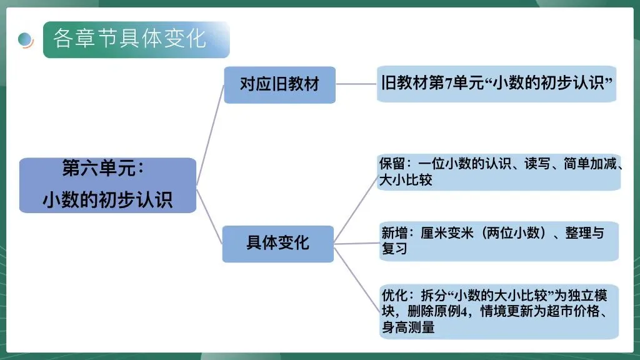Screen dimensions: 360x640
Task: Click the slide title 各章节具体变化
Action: tap(129, 39)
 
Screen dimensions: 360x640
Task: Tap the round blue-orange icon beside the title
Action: tap(26, 40)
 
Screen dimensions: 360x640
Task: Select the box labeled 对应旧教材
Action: tap(279, 84)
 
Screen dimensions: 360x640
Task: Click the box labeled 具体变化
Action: tap(277, 242)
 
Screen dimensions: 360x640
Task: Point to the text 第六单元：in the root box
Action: tap(103, 169)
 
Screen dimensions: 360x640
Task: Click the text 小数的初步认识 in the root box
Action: tap(107, 199)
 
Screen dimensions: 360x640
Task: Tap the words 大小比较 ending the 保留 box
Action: tap(406, 181)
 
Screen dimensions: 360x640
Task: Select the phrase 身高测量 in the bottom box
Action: tap(408, 327)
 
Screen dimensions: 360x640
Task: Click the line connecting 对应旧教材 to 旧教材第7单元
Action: tap(356, 84)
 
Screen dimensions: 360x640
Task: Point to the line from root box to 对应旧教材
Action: tap(210, 135)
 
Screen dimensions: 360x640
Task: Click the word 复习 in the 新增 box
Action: tap(394, 249)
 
